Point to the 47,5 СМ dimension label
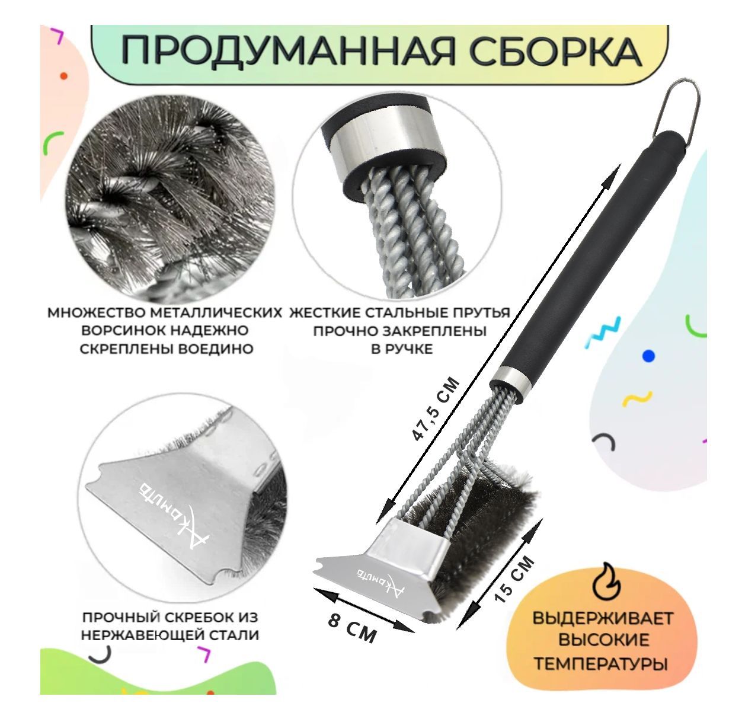436,409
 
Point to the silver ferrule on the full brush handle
508,382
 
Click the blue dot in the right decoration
648,356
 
